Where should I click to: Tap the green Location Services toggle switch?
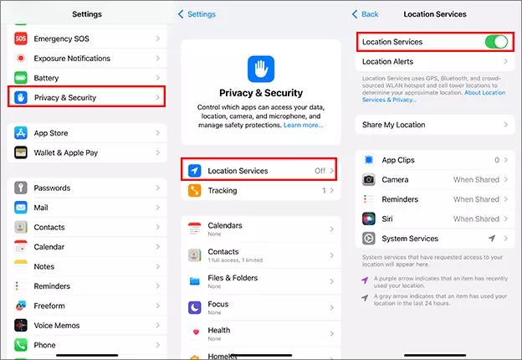[496, 42]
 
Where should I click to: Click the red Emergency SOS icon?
[21, 39]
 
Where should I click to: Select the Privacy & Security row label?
[64, 98]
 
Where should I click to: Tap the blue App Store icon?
[21, 133]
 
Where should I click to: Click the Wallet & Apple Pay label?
[65, 153]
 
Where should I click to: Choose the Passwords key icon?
[21, 188]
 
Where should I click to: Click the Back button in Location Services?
[366, 14]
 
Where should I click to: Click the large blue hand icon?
[260, 68]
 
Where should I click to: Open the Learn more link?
[303, 125]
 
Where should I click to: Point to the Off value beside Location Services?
[320, 171]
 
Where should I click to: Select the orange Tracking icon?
[194, 191]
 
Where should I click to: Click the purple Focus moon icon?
[194, 306]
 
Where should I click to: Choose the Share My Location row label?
[393, 125]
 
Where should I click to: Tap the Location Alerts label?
[388, 62]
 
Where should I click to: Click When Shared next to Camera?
[476, 179]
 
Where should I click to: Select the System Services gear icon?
[369, 239]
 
